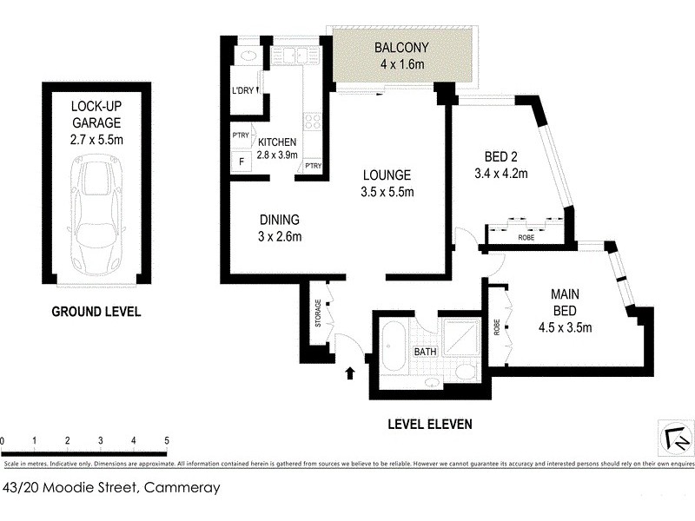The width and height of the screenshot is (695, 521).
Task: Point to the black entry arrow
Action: point(351,373)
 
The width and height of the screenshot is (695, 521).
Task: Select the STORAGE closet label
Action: point(319,314)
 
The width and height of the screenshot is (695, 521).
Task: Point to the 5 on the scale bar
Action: point(166,441)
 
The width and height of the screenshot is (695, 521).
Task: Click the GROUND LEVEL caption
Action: point(96,312)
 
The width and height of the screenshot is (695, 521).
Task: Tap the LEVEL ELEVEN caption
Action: point(429,424)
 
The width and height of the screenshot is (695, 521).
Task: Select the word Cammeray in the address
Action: point(182,488)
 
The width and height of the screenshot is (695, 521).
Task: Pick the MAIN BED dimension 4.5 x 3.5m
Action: point(565,327)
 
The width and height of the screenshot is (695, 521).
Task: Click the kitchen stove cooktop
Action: point(312,122)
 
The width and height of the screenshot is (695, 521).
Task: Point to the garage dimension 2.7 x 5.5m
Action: point(96,138)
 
